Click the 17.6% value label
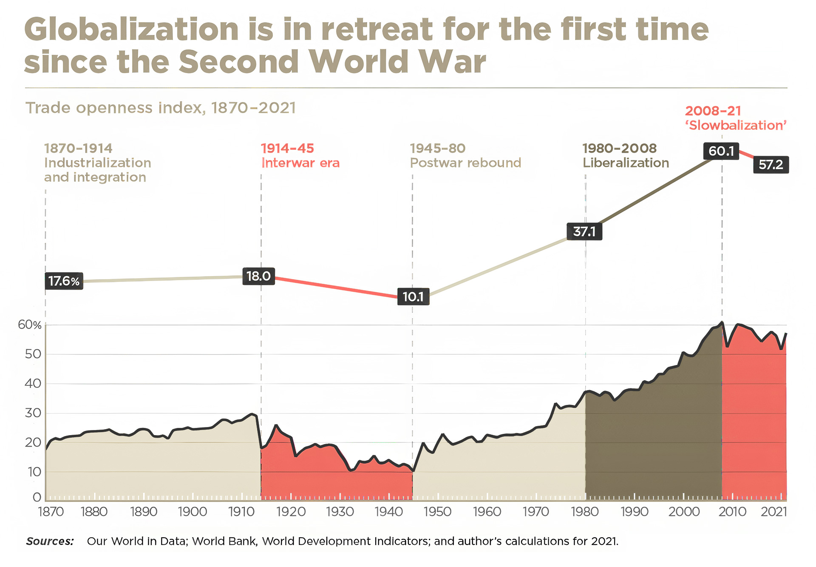point(64,281)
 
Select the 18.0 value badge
point(258,276)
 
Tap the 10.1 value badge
point(413,296)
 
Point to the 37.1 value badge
point(584,232)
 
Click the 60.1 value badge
point(721,151)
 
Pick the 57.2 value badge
point(771,165)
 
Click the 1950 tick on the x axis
point(437,511)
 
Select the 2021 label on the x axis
point(774,511)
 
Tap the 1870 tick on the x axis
point(51,511)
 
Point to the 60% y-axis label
point(30,325)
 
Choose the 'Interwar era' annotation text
point(300,163)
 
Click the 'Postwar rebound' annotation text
point(465,163)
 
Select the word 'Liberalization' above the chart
point(626,163)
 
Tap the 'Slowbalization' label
point(736,125)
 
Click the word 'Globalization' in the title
point(131,30)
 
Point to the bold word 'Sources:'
point(50,541)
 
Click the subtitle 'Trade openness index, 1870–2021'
point(161,108)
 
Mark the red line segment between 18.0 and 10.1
point(336,287)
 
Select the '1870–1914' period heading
point(78,148)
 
